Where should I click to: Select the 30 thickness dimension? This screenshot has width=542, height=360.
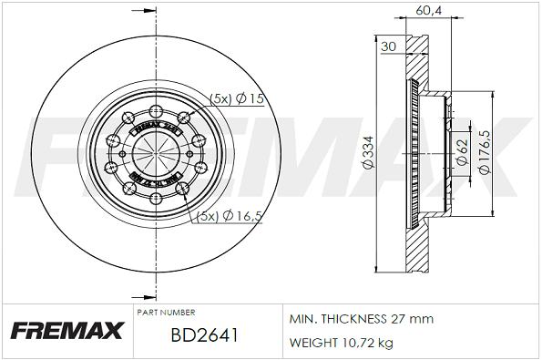coord(389,46)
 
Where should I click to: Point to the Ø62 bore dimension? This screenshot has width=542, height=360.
coord(461,153)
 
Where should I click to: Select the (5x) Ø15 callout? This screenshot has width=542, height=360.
coord(236,98)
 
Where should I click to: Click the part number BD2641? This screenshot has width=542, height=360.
coord(204,334)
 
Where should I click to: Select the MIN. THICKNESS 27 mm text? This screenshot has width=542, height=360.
coord(361,319)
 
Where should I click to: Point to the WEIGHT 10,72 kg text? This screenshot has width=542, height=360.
coord(341,343)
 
